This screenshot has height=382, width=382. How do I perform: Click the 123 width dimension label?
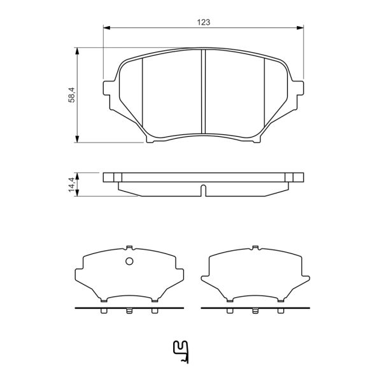point(203,22)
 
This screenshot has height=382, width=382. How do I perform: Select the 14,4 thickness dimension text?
point(72,183)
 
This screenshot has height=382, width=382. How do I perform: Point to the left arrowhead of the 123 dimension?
point(107,28)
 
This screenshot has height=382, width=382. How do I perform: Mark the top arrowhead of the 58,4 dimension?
point(78,50)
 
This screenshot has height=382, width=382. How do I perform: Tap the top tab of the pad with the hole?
point(129,248)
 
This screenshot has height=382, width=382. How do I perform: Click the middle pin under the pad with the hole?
point(129,311)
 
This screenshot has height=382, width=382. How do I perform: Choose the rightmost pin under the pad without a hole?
point(280,311)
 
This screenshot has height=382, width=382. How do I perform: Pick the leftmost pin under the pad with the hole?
point(104,311)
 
